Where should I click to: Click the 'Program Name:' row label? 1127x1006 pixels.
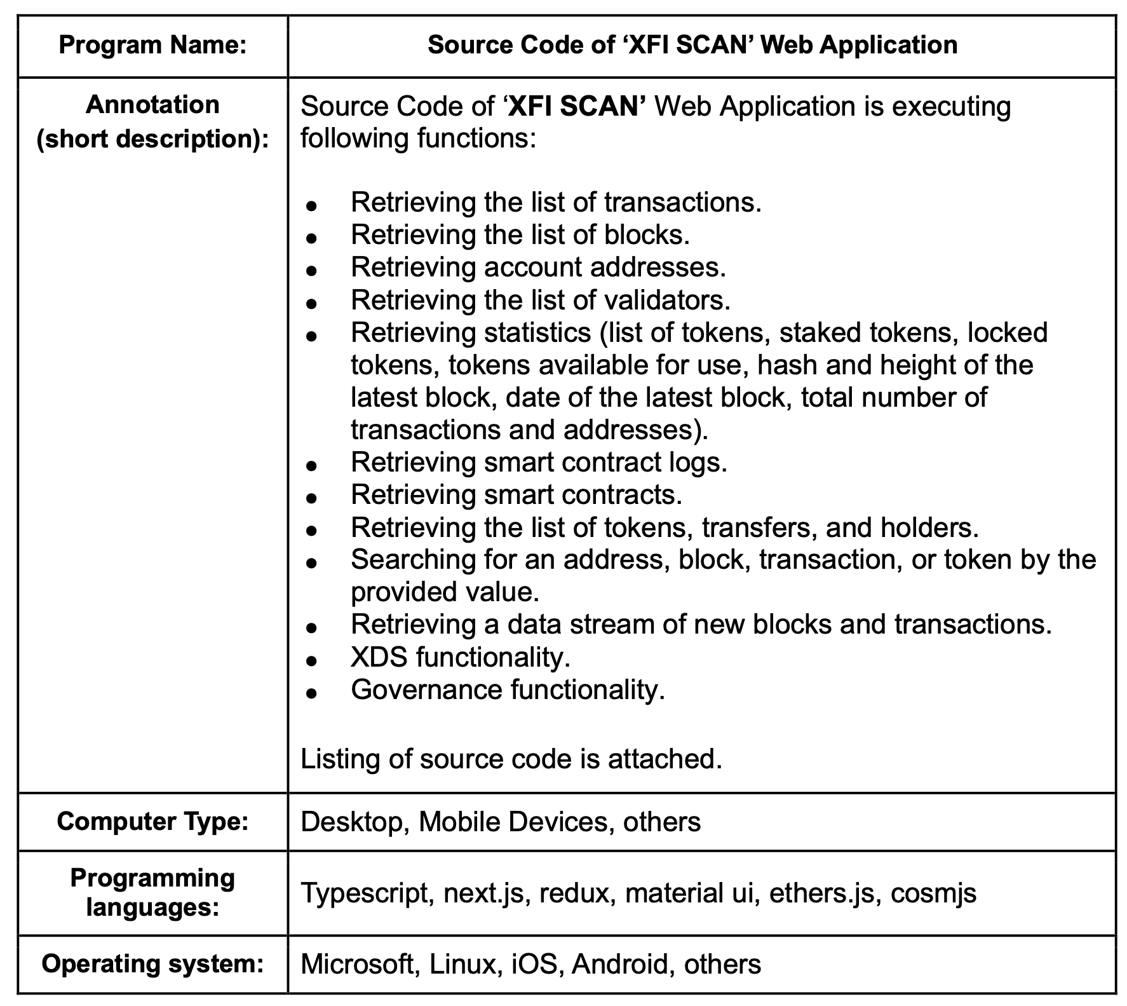[x=152, y=46]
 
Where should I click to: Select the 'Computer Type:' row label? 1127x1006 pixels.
[x=152, y=822]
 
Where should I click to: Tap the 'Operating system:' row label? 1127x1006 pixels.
[x=152, y=964]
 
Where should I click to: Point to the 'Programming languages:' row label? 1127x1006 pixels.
[x=152, y=892]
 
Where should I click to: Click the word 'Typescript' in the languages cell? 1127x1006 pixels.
[x=365, y=893]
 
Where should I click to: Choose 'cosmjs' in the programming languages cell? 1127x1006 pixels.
[x=933, y=893]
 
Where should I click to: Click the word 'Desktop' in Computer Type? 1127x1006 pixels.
[x=351, y=822]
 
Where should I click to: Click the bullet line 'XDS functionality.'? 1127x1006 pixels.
[x=461, y=657]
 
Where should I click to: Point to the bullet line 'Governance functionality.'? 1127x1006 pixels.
[x=508, y=690]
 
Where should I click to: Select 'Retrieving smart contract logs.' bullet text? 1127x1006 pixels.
[x=539, y=463]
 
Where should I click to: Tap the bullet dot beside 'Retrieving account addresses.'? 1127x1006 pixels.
[x=311, y=270]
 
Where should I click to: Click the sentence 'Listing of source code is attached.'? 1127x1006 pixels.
[x=511, y=759]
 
